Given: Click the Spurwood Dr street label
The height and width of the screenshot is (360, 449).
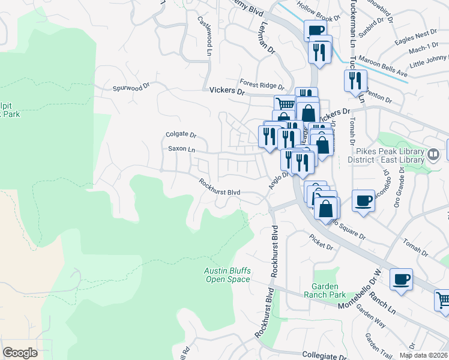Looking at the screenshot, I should click(130, 88).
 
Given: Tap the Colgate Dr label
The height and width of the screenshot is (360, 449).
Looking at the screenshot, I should click(181, 135).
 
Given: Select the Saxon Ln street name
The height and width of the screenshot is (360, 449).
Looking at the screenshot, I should click(181, 149).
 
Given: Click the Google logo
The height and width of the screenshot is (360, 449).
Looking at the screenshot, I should click(20, 353).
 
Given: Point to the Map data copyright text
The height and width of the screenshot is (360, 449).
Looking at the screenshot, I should click(423, 355).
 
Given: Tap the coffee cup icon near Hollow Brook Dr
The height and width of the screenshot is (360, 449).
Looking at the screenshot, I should click(316, 30).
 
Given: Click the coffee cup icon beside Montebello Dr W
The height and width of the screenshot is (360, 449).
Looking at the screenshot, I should click(401, 278).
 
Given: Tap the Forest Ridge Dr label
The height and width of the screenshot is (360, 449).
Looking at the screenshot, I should click(262, 85).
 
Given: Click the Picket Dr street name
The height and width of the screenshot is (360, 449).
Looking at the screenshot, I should click(322, 242).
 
